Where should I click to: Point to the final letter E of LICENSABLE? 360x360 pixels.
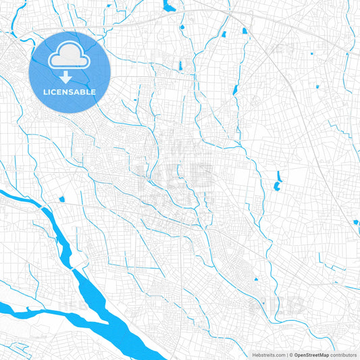93,92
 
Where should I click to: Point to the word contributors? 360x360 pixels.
344,355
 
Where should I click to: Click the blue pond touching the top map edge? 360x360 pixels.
170,7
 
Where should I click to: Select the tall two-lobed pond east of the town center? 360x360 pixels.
278,180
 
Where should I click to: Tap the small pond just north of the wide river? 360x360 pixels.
62,199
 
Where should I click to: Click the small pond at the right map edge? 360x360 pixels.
356,222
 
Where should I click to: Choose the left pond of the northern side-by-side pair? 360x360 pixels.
223,34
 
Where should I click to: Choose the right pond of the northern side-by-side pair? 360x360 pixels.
245,30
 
